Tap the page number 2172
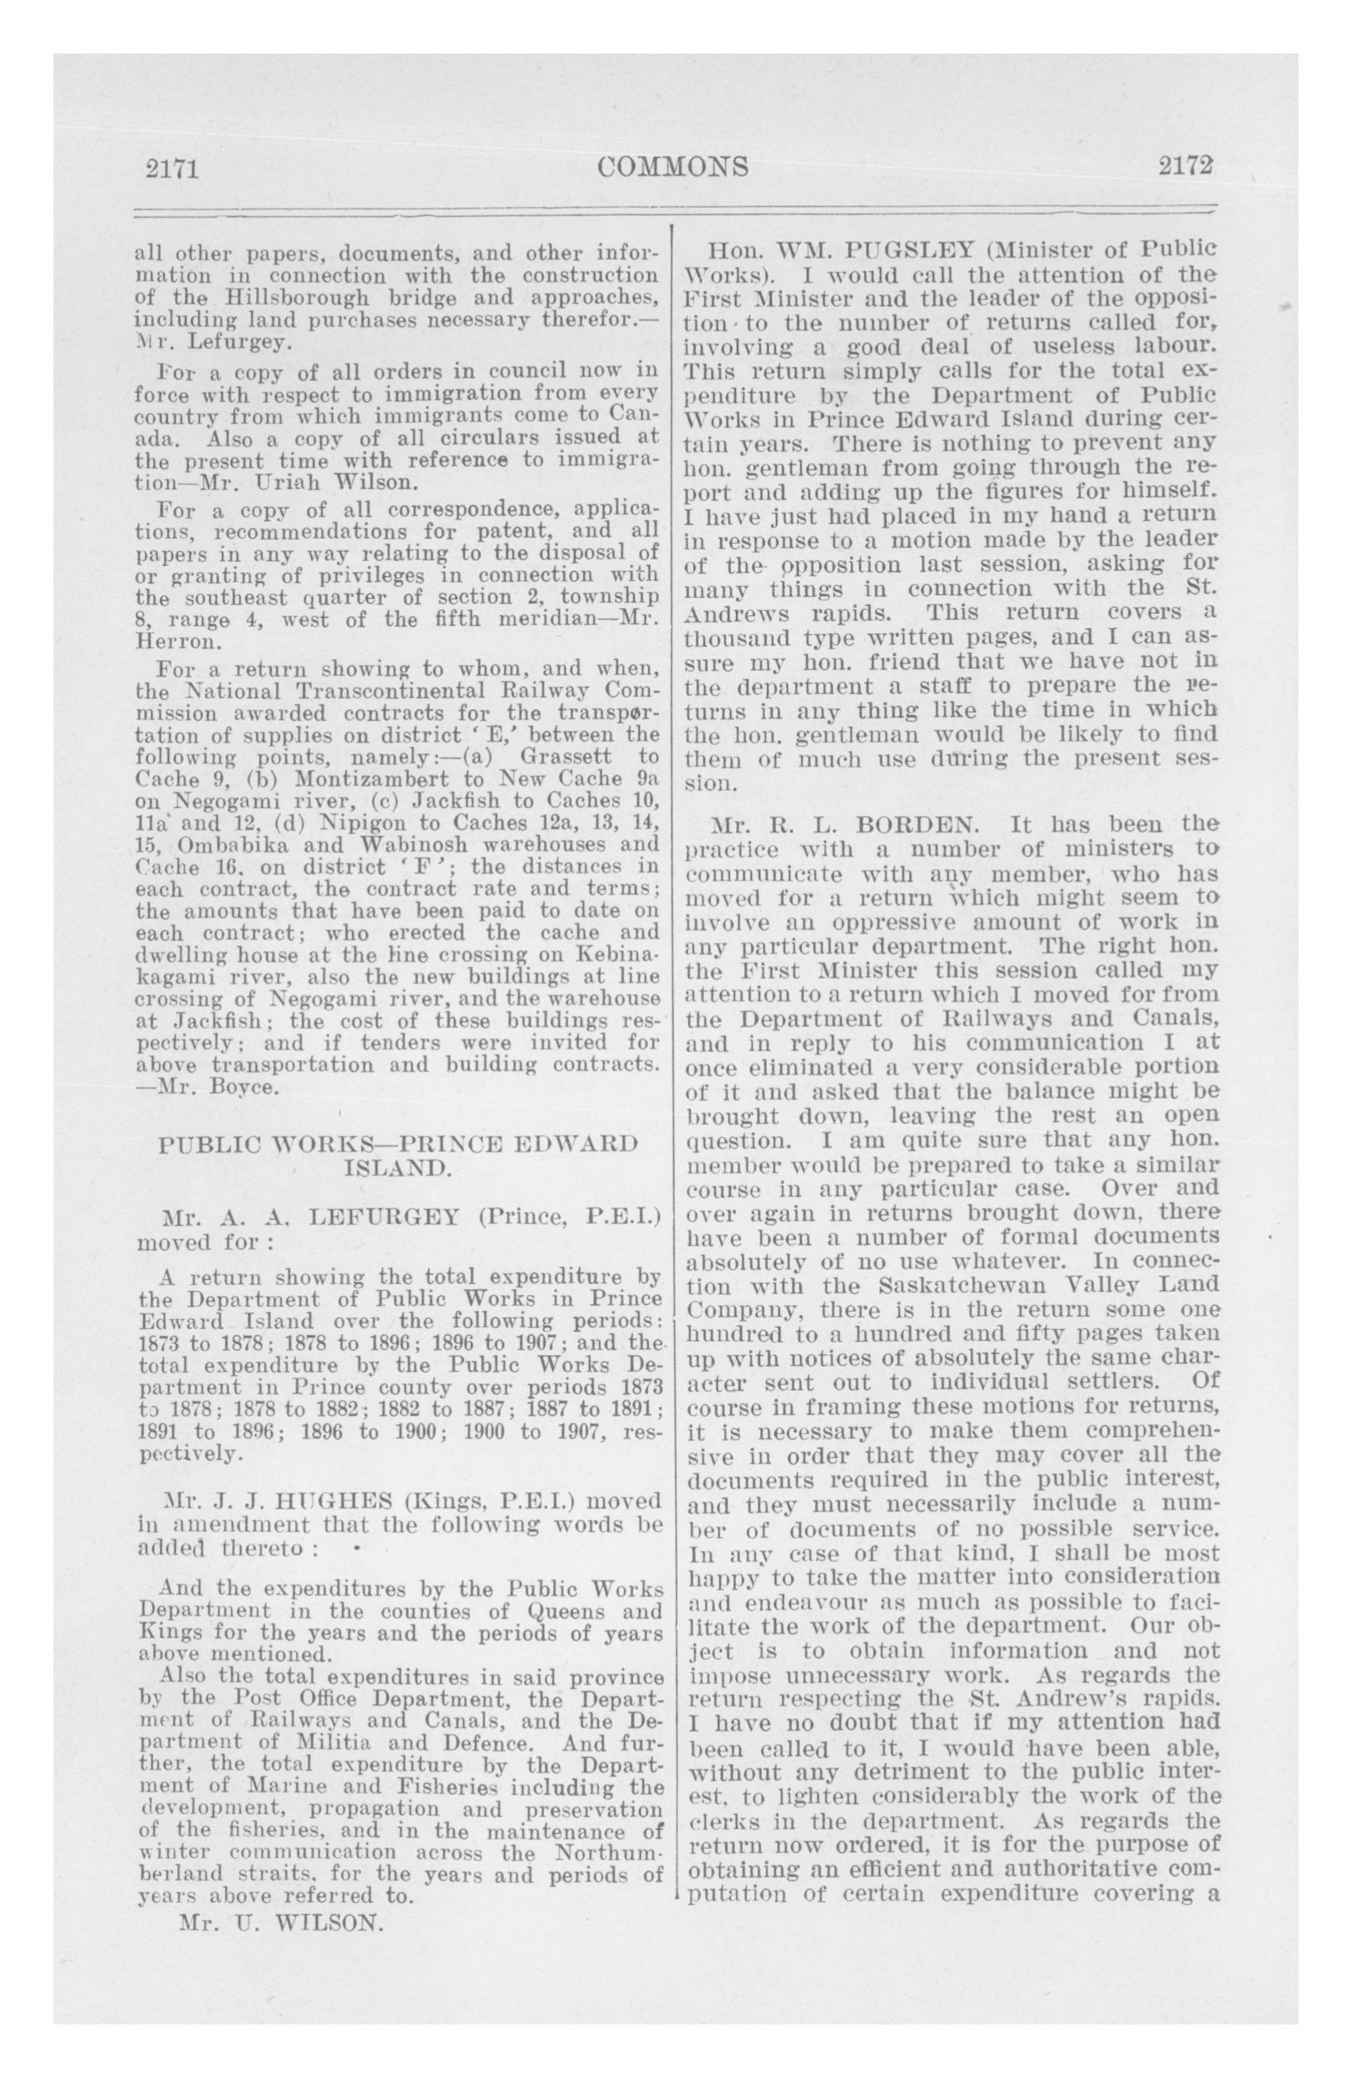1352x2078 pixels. (x=1187, y=165)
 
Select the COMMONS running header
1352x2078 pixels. (x=673, y=166)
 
